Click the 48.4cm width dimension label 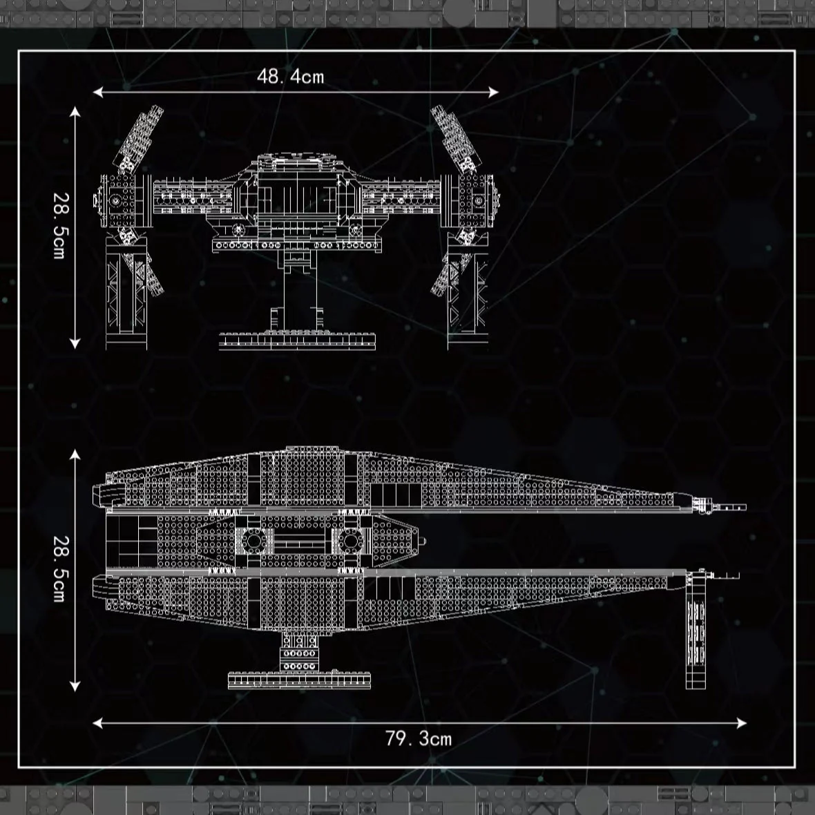coord(290,77)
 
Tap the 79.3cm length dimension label coord(419,738)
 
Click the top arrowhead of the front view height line coord(75,111)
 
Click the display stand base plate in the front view coord(298,341)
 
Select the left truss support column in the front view coord(126,294)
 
